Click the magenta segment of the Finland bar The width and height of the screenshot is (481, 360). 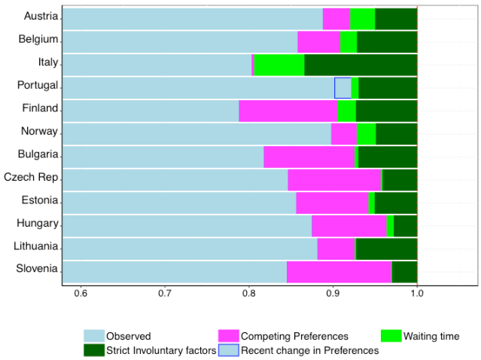[x=288, y=111]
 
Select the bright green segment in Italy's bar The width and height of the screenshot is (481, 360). [x=279, y=65]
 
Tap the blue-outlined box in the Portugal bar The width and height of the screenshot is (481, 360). [x=342, y=88]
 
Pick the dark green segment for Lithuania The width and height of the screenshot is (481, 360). [x=386, y=249]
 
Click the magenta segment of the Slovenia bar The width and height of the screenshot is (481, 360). [x=339, y=272]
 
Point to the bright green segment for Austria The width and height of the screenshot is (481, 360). [x=362, y=19]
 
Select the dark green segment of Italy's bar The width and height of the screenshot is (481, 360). [x=361, y=65]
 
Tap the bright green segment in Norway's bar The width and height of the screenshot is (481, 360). [x=366, y=134]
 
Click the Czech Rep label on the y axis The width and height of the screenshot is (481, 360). [x=31, y=177]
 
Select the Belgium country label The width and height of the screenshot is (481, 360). [x=38, y=39]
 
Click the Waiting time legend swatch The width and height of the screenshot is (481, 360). [x=392, y=336]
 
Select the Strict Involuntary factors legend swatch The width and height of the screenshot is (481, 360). [x=93, y=349]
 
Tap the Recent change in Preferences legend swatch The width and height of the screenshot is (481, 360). [x=228, y=349]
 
